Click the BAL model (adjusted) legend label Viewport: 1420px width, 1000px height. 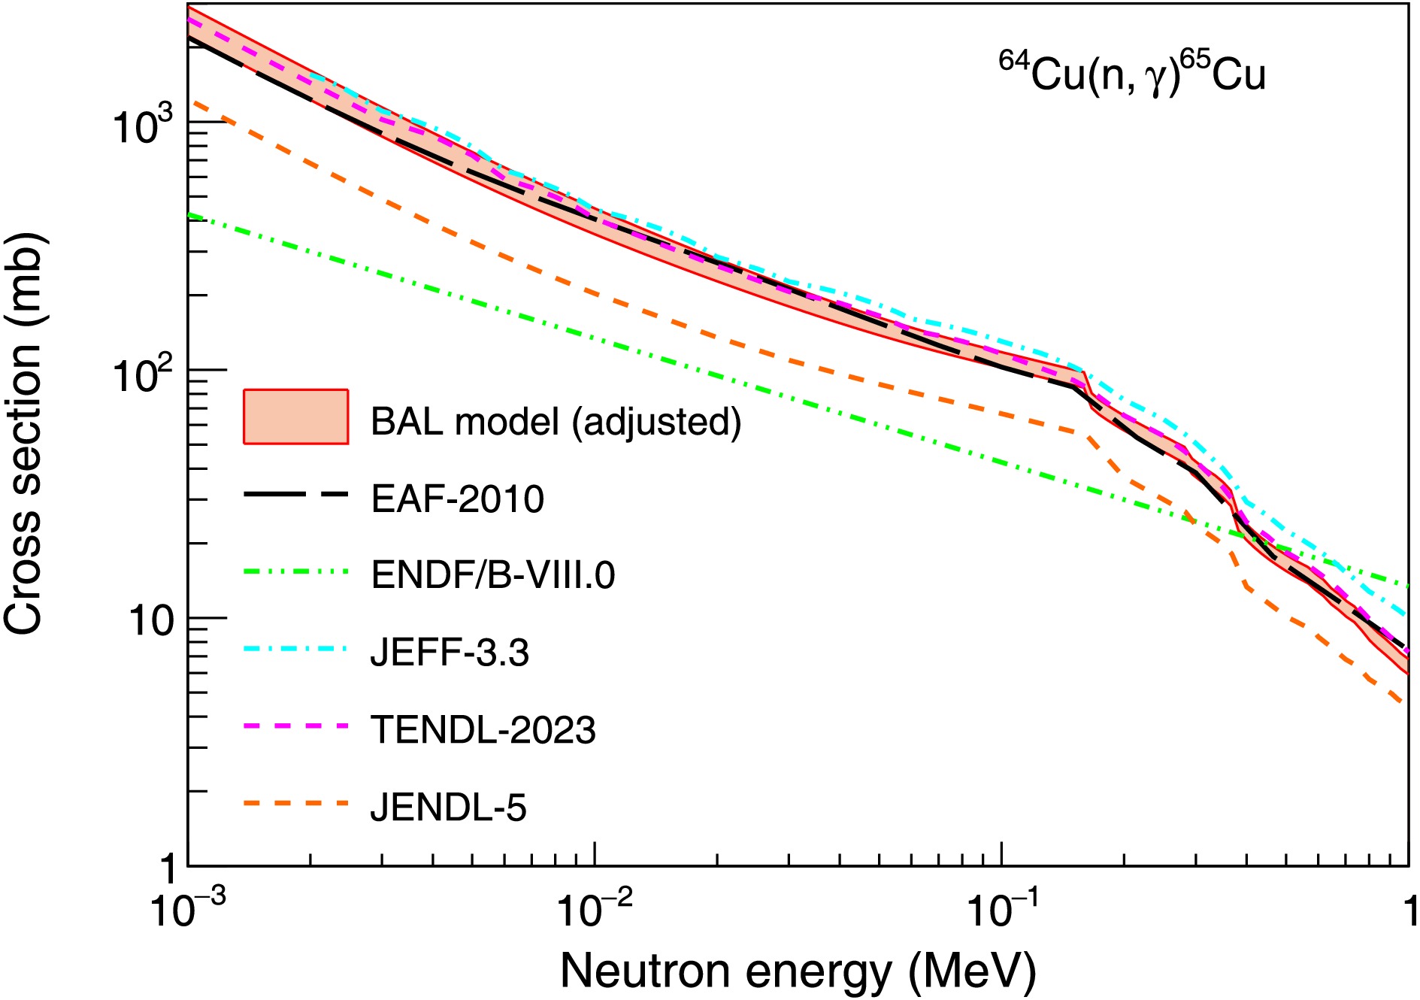tap(556, 422)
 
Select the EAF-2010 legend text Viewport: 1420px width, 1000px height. tap(457, 499)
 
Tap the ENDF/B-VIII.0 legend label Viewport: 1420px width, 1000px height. tap(493, 575)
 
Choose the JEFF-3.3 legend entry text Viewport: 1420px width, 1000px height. tap(450, 652)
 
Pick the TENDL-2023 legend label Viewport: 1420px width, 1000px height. tap(483, 730)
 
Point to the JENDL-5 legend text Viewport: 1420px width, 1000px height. tap(449, 808)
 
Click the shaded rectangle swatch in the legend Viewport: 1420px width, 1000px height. tap(295, 417)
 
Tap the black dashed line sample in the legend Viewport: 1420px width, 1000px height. tap(295, 495)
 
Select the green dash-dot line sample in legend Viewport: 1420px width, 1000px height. tap(295, 571)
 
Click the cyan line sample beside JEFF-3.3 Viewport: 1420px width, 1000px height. tap(295, 649)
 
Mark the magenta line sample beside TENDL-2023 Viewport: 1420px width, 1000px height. tap(295, 726)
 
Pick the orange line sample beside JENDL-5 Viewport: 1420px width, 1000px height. tap(295, 804)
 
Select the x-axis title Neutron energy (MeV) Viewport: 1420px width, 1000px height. tap(798, 971)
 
